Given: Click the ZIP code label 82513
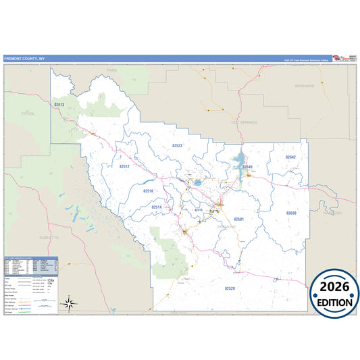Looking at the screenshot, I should [59, 105].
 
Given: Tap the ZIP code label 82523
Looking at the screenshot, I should [178, 145].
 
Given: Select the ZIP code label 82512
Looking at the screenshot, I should [124, 165].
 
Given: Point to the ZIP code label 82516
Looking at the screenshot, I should [149, 191].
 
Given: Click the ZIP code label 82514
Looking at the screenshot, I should [157, 207].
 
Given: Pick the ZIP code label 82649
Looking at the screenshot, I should [247, 166].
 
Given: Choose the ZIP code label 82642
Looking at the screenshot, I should [290, 157].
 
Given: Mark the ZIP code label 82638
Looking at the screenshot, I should [291, 213].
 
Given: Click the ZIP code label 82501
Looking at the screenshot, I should [239, 220].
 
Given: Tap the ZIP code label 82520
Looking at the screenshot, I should [230, 288].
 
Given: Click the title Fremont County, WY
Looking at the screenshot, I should [24, 59].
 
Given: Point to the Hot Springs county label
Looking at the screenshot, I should [244, 123].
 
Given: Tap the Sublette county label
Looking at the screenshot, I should [49, 238].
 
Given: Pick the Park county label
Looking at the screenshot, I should [112, 70].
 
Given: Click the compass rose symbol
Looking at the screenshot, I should [68, 303].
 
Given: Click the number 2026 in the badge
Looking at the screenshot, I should [335, 286].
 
